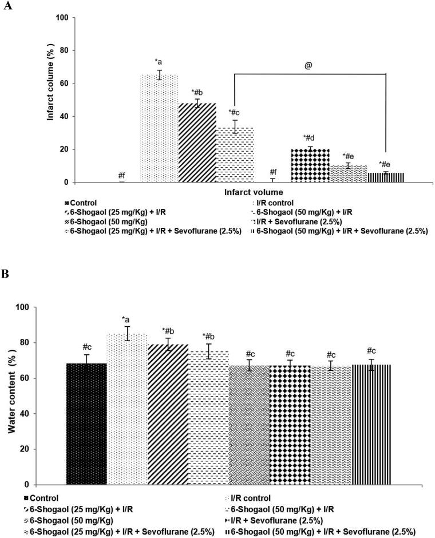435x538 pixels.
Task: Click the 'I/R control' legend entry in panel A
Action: point(279,203)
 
